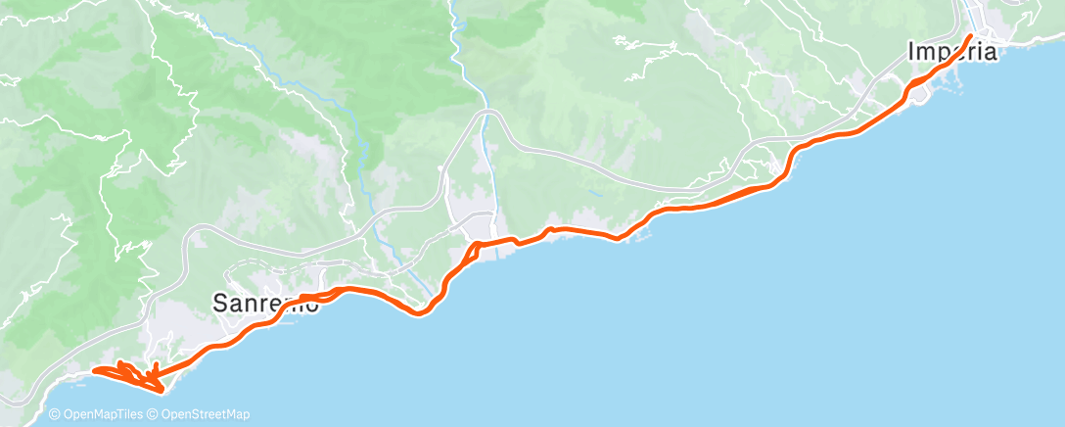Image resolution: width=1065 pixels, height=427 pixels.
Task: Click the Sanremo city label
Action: click(x=266, y=305)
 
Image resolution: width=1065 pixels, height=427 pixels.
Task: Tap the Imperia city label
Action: click(x=952, y=52)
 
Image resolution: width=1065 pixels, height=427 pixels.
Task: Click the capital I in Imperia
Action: click(x=912, y=52)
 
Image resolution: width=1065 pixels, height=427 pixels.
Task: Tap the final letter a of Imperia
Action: click(x=990, y=52)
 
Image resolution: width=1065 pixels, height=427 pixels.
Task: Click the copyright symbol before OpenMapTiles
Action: click(x=56, y=414)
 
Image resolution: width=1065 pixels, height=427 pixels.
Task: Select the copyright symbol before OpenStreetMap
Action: click(x=154, y=414)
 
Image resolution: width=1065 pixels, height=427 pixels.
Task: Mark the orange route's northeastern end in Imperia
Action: click(x=970, y=36)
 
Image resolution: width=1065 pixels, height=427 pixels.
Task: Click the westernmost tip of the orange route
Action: click(x=93, y=370)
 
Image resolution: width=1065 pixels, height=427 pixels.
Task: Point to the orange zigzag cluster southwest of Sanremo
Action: click(x=132, y=374)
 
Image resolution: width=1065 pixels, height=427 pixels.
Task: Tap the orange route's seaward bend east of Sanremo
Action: click(x=421, y=312)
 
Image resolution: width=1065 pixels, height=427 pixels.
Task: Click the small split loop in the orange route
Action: click(x=470, y=253)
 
